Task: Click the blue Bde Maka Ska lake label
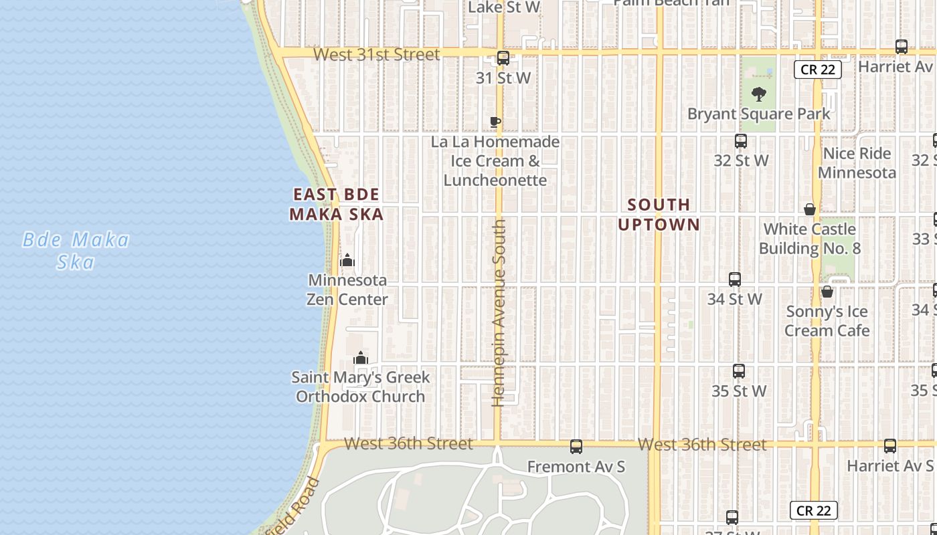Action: click(76, 250)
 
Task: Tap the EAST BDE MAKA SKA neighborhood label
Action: click(337, 204)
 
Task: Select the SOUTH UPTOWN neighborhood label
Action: click(659, 214)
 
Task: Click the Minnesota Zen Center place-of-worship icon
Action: click(347, 260)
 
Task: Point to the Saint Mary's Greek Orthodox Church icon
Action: click(361, 358)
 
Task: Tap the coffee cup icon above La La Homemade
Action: click(495, 122)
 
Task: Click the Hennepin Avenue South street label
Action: click(499, 313)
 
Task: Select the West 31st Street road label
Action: click(377, 54)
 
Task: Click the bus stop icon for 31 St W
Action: click(503, 58)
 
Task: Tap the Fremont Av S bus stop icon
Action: click(576, 447)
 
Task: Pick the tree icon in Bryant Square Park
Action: click(758, 94)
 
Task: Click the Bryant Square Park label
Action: click(759, 114)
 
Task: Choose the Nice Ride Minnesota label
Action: click(857, 163)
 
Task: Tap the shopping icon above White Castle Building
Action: click(810, 209)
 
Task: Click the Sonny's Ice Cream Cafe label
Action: click(827, 321)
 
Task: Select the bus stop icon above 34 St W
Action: click(735, 280)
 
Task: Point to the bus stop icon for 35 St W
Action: click(739, 371)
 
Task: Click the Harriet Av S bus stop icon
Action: click(890, 446)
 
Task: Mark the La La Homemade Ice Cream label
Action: click(495, 161)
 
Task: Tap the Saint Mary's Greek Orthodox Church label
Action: click(361, 387)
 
